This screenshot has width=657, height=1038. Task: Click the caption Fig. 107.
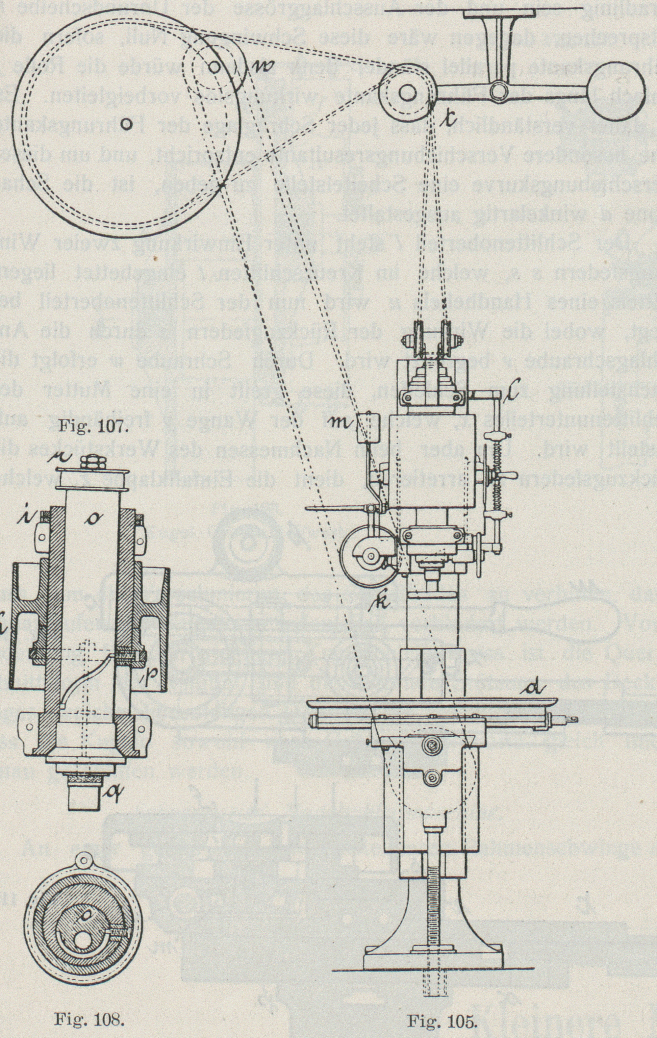coord(93,428)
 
